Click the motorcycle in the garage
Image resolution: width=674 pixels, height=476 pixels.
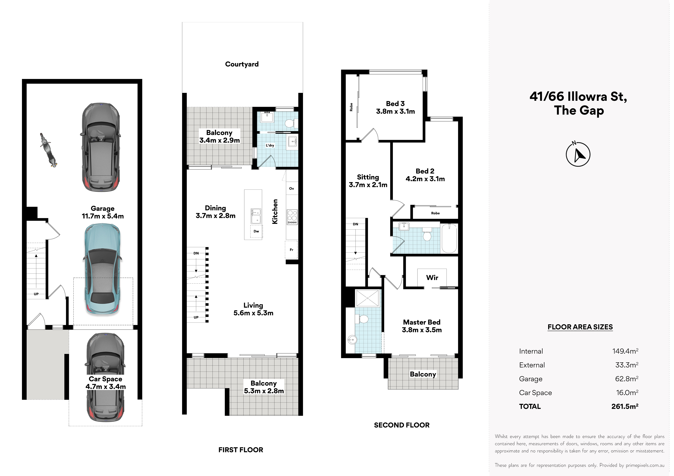coord(48,150)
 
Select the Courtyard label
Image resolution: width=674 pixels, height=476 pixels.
coord(242,64)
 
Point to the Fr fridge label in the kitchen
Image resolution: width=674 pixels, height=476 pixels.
coord(291,250)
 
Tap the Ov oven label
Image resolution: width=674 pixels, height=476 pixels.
coord(291,189)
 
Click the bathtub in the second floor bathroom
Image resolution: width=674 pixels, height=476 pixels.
coord(449,238)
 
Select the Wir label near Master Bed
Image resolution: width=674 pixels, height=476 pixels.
coord(432,278)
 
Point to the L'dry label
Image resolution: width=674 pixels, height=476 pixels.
coord(270,145)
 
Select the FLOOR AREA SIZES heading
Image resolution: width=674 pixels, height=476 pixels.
coord(580,327)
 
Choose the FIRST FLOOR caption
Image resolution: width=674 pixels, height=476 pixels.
coord(241,450)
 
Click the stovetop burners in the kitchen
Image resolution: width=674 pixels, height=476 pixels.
coord(292,217)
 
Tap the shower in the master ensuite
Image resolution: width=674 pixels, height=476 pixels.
coord(368,298)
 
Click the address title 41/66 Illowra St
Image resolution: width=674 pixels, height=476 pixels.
coord(578,97)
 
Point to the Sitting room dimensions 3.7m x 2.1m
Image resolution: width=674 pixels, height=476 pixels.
coord(368,185)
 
